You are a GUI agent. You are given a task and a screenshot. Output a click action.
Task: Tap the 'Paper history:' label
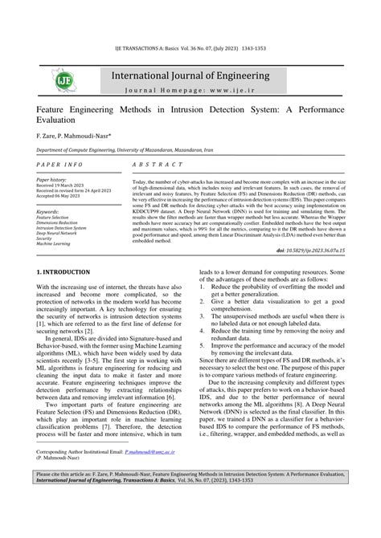click(x=55, y=180)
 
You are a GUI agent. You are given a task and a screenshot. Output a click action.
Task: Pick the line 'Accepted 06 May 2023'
click(x=65, y=196)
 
